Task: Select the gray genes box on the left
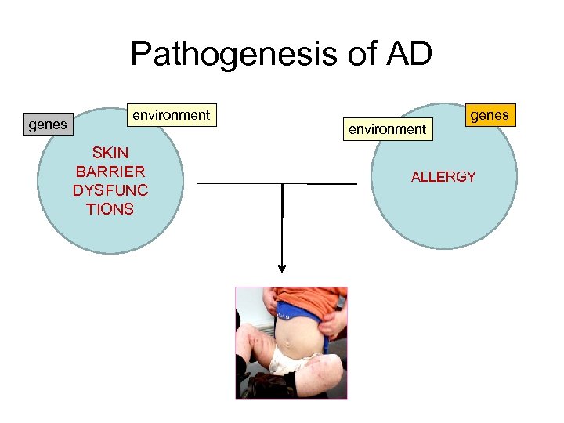pyautogui.click(x=47, y=124)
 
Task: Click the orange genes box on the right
pyautogui.click(x=490, y=116)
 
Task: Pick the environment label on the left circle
pyautogui.click(x=172, y=115)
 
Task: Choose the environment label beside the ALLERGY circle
pyautogui.click(x=387, y=128)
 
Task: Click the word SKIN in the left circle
pyautogui.click(x=110, y=152)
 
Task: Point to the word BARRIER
pyautogui.click(x=110, y=171)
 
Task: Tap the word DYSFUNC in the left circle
pyautogui.click(x=110, y=190)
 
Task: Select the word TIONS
pyautogui.click(x=110, y=208)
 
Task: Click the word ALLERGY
pyautogui.click(x=443, y=176)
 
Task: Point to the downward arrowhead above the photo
pyautogui.click(x=282, y=268)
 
